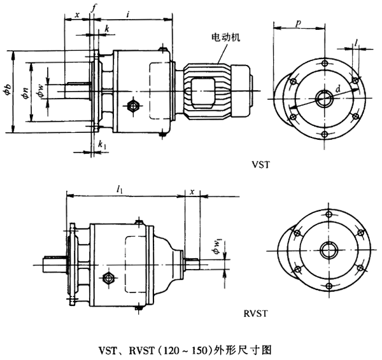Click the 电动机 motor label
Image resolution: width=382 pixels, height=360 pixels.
(x=225, y=38)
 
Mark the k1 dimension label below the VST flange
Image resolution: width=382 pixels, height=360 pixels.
(x=101, y=144)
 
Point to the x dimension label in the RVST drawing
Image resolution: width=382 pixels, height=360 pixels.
(x=191, y=190)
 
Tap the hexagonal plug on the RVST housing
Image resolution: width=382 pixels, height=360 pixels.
(x=110, y=278)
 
